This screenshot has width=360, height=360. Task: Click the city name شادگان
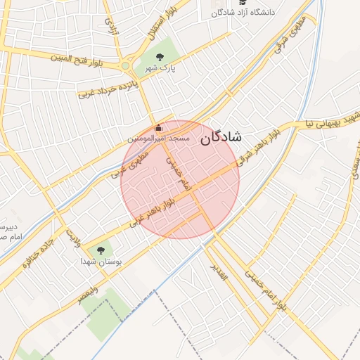pyautogui.click(x=220, y=138)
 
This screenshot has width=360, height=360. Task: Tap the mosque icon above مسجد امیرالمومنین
pyautogui.click(x=158, y=128)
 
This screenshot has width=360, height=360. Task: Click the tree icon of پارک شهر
pyautogui.click(x=159, y=58)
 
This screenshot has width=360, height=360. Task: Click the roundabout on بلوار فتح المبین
pyautogui.click(x=127, y=65)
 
